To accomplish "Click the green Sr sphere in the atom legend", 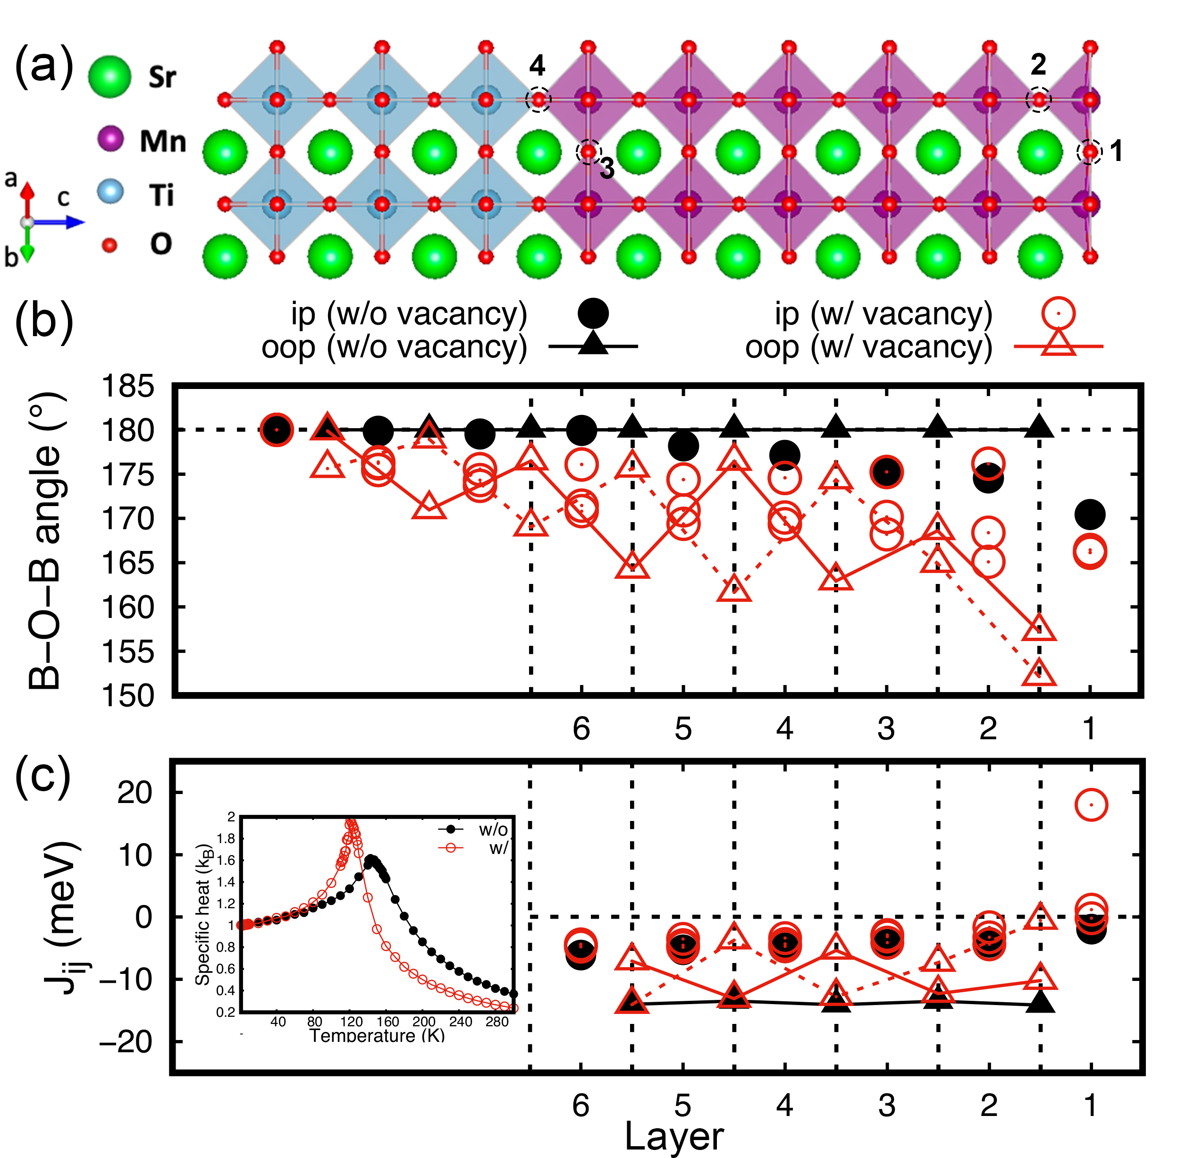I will pos(109,76).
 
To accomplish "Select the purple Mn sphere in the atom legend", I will pos(111,139).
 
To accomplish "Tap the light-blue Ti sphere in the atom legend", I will pos(111,192).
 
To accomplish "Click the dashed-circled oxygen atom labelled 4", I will pos(538,100).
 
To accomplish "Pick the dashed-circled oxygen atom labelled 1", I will pos(1089,152).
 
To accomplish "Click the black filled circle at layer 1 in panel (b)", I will pos(1090,515).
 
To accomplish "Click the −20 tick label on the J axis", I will pos(126,1042).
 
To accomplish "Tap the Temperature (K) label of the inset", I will pos(377,1036).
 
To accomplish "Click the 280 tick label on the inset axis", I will pos(497,1022).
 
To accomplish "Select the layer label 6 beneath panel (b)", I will pos(581,728).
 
